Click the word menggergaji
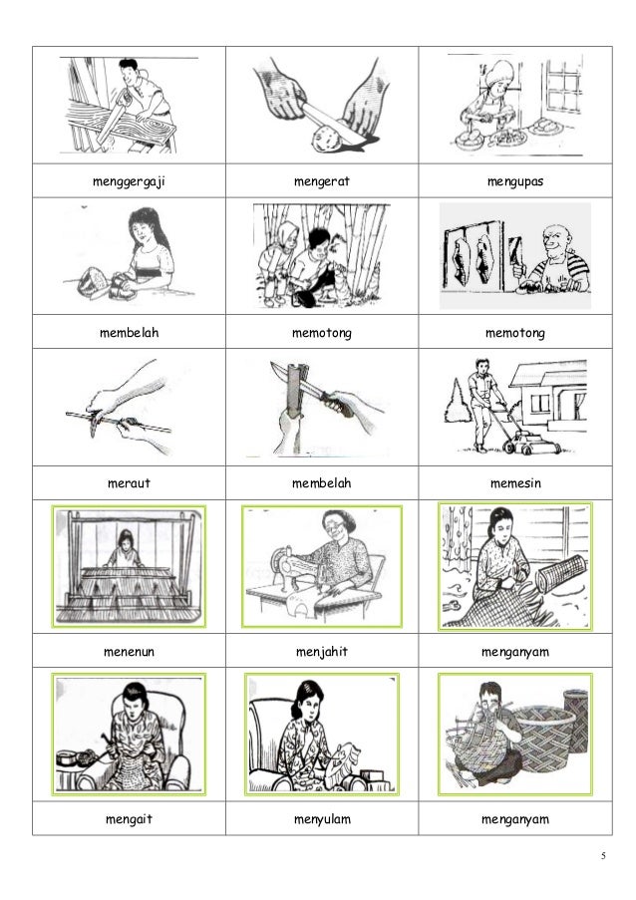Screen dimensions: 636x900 pyautogui.click(x=129, y=182)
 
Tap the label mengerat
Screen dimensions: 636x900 pyautogui.click(x=321, y=181)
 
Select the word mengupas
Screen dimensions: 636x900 pyautogui.click(x=515, y=182)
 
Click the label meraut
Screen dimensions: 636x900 pyautogui.click(x=129, y=483)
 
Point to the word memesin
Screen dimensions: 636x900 pyautogui.click(x=515, y=483)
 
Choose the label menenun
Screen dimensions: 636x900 pyautogui.click(x=129, y=652)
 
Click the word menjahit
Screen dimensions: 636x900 pyautogui.click(x=321, y=652)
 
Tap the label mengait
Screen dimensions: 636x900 pyautogui.click(x=129, y=819)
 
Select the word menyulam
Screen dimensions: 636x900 pyautogui.click(x=321, y=819)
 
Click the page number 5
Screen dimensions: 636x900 pyautogui.click(x=603, y=856)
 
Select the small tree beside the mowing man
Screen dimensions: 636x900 pyautogui.click(x=457, y=403)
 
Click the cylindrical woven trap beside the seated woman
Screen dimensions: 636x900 pyautogui.click(x=561, y=576)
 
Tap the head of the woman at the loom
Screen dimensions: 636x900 pyautogui.click(x=125, y=538)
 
